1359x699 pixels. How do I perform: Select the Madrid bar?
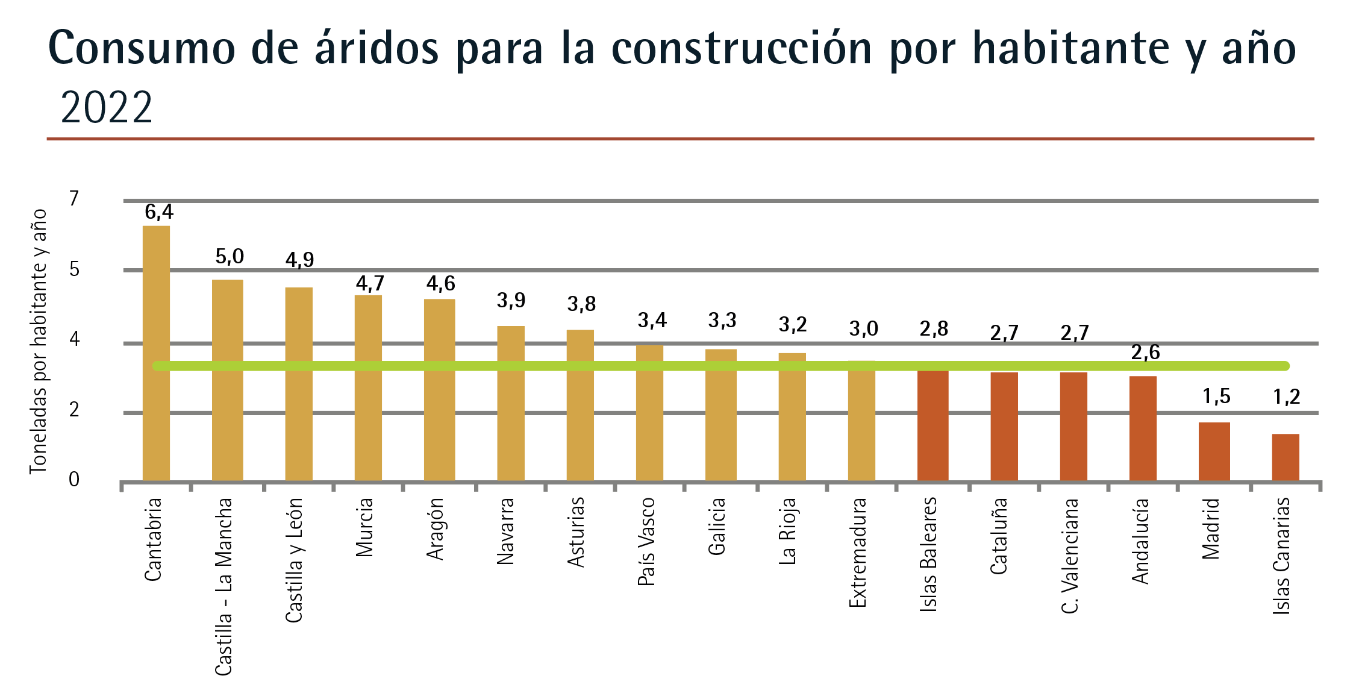point(1214,451)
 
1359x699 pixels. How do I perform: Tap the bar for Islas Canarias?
point(1286,457)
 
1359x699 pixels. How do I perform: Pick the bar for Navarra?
point(511,403)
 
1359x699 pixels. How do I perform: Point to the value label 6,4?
point(159,212)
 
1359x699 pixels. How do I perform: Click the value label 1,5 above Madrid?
point(1216,397)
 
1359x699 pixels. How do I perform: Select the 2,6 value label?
point(1145,353)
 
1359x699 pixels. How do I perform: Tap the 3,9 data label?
point(511,300)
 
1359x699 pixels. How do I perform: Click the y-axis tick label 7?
point(74,198)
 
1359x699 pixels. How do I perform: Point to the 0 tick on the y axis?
point(74,480)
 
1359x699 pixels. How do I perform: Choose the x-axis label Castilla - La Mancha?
point(223,586)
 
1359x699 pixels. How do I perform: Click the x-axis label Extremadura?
point(857,553)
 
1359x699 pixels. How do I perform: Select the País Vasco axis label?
point(646,542)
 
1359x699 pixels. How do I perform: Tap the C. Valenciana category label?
point(1070,556)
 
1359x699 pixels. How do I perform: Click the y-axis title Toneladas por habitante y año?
point(38,341)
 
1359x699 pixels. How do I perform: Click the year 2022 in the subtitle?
point(107,108)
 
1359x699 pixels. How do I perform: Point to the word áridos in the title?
point(377,48)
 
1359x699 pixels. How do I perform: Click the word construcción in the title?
point(742,48)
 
